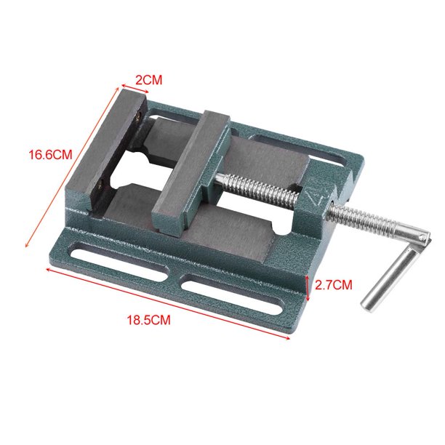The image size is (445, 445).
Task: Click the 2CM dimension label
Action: (149, 80)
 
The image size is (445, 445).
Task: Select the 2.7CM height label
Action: (334, 285)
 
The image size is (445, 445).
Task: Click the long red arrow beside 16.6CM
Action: (73, 165)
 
